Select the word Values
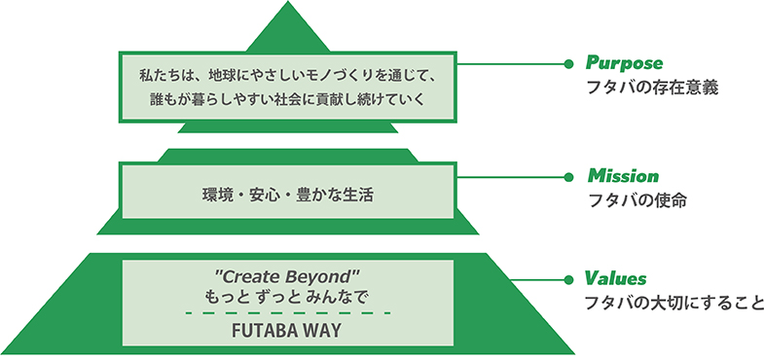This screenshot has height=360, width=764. [x=616, y=279]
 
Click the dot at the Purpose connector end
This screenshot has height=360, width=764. [x=568, y=64]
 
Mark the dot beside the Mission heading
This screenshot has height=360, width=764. [x=568, y=177]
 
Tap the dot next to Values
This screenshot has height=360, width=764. [x=568, y=280]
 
